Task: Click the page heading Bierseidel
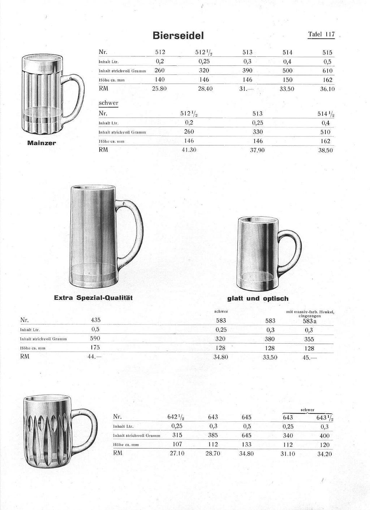(178, 35)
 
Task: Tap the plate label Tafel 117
(321, 34)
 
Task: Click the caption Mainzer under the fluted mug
(42, 143)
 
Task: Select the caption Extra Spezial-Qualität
(93, 298)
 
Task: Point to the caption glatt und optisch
(258, 298)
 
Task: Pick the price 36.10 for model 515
(327, 89)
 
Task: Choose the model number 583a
(310, 321)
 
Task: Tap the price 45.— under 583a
(309, 358)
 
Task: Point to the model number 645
(246, 417)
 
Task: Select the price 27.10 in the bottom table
(177, 453)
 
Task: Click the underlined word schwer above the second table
(108, 103)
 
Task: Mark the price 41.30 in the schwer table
(189, 150)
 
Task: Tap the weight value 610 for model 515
(327, 71)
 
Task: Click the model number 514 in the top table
(288, 52)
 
